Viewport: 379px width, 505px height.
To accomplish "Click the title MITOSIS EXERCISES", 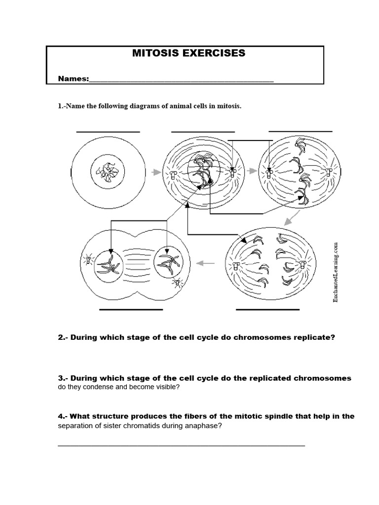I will pos(189,53).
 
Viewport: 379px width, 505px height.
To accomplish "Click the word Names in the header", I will pos(73,79).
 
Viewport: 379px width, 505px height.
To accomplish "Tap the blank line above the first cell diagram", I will pos(108,132).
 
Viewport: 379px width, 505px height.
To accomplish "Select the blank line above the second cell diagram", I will pos(203,132).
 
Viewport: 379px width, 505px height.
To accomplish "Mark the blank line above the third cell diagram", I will pos(300,132).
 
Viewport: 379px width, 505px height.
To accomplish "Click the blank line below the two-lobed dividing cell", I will pos(131,310).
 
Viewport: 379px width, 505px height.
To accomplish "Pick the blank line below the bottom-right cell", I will pos(267,310).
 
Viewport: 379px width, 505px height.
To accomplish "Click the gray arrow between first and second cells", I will pos(156,172).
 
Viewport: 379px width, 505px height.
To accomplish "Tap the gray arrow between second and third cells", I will pos(252,171).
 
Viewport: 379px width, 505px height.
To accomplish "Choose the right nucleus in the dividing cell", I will pos(168,262).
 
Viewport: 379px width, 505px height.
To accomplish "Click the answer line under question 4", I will pos(181,445).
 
